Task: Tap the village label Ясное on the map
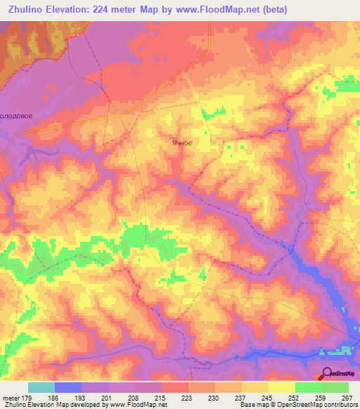181,142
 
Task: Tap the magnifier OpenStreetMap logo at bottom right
339,374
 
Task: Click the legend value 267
345,398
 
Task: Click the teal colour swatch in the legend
41,387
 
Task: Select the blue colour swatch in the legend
68,387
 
